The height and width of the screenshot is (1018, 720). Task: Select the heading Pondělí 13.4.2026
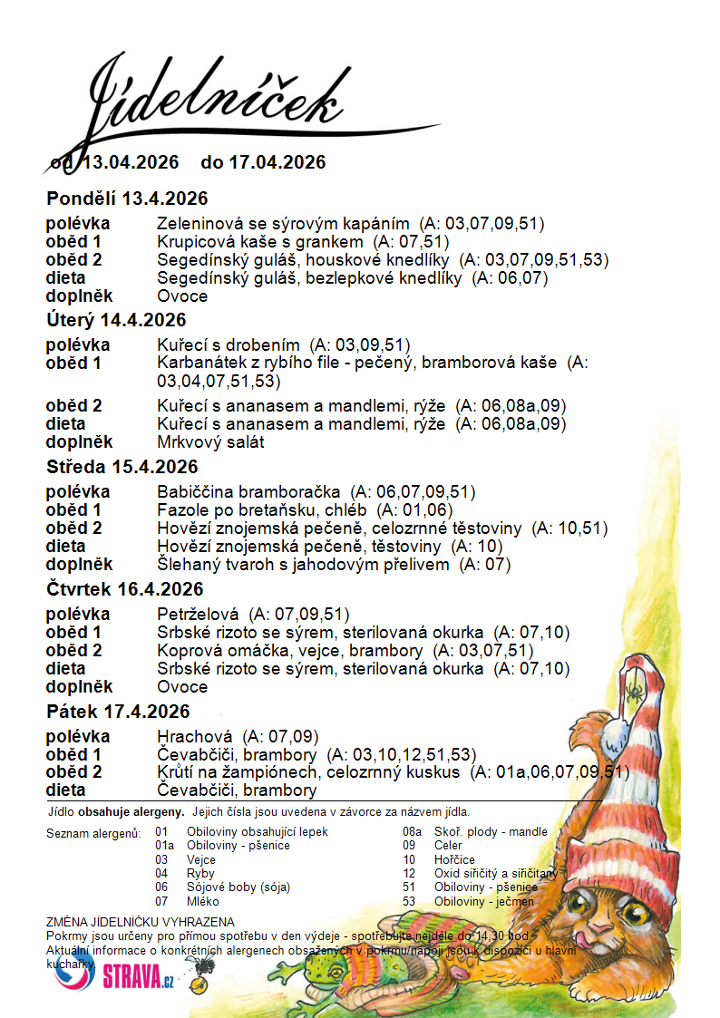click(127, 199)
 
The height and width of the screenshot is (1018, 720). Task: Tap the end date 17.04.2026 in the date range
click(277, 162)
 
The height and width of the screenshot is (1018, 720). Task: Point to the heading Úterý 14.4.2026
click(116, 320)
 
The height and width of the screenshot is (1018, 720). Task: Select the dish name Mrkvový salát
click(210, 442)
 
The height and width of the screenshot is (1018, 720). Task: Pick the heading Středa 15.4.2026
click(122, 467)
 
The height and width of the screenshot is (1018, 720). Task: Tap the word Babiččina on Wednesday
click(192, 492)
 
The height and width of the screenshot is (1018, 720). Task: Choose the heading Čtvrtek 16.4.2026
click(124, 589)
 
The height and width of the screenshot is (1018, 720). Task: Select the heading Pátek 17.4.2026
click(118, 712)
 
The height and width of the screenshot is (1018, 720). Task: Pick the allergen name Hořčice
click(454, 859)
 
